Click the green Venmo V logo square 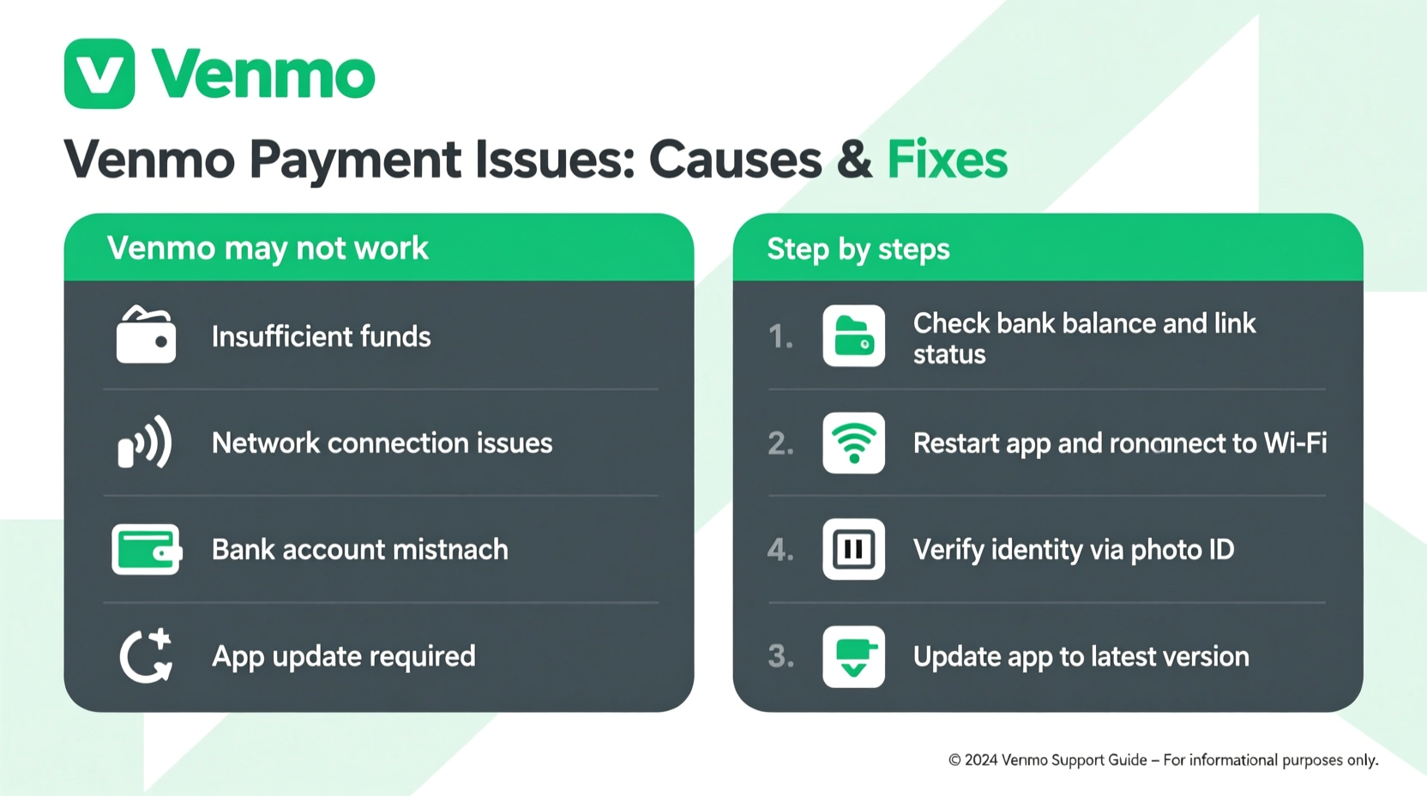point(99,74)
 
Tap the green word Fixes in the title point(947,160)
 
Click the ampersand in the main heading point(854,160)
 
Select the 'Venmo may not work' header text point(268,249)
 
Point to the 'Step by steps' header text point(858,250)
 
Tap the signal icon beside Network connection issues point(145,443)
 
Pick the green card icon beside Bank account point(146,549)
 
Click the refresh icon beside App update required point(146,656)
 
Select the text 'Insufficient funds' point(321,336)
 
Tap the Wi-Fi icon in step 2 point(853,443)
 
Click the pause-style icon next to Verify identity point(853,549)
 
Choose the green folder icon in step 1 point(853,336)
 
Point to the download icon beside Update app point(853,656)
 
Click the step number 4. point(780,550)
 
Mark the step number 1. point(780,336)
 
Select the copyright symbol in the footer point(954,760)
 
